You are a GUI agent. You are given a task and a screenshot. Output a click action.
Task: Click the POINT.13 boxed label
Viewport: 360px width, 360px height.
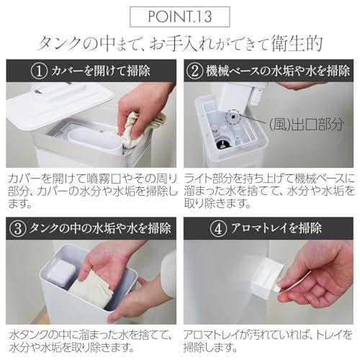[x=180, y=15]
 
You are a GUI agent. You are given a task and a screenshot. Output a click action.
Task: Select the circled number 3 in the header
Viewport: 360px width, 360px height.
[x=20, y=229]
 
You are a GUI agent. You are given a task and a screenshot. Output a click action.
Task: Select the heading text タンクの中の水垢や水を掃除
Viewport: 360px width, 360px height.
[x=100, y=229]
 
